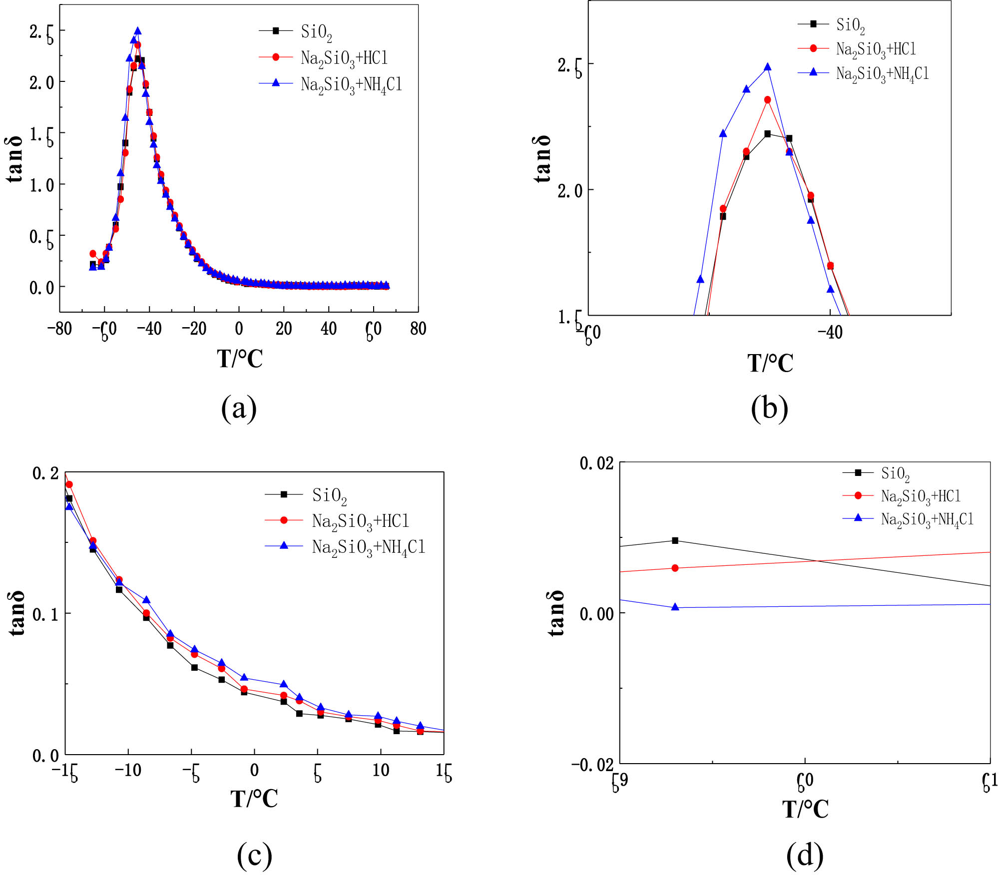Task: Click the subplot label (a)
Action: point(239,408)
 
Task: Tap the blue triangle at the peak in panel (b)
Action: point(767,67)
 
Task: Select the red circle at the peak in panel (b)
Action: point(767,100)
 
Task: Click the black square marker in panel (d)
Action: point(675,540)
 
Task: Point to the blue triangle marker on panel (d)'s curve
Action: point(675,607)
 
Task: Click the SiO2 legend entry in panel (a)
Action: point(316,32)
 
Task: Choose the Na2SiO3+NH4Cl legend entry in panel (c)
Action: point(368,547)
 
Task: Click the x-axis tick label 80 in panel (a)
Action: point(418,329)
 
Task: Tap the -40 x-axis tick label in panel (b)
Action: point(830,332)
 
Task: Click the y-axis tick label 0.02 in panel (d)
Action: point(596,463)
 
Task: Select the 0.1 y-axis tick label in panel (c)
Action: point(46,614)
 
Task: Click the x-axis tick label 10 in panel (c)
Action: point(381,770)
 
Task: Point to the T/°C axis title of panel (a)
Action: point(239,358)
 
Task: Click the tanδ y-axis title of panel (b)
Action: point(542,158)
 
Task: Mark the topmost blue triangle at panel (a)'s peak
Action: point(137,31)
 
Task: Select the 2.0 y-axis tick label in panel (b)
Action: point(570,191)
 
